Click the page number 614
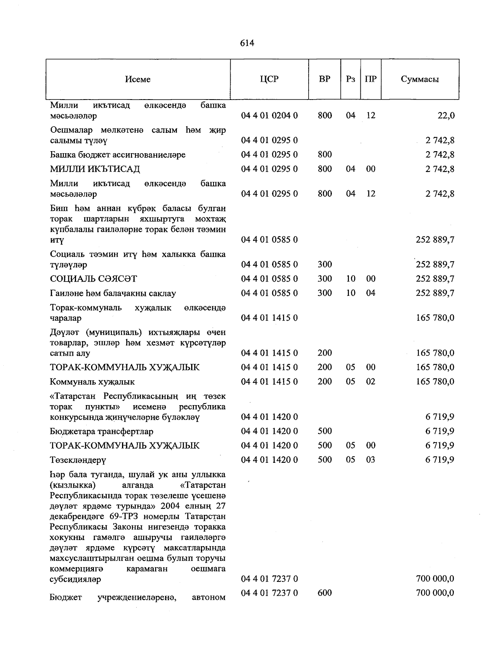pyautogui.click(x=247, y=43)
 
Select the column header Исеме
pyautogui.click(x=138, y=79)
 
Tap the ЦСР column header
pyautogui.click(x=269, y=79)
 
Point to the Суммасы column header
pyautogui.click(x=420, y=79)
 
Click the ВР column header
pyautogui.click(x=325, y=79)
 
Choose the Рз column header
pyautogui.click(x=351, y=79)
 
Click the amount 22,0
pyautogui.click(x=446, y=116)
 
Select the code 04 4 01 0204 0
pyautogui.click(x=269, y=116)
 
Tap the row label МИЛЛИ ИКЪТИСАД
pyautogui.click(x=95, y=169)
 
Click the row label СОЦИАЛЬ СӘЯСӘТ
pyautogui.click(x=93, y=279)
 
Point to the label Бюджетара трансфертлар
pyautogui.click(x=101, y=432)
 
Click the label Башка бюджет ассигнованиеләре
pyautogui.click(x=118, y=155)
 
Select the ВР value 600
pyautogui.click(x=325, y=593)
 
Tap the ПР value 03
pyautogui.click(x=370, y=460)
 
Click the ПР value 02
pyautogui.click(x=370, y=382)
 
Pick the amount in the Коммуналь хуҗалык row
pyautogui.click(x=435, y=382)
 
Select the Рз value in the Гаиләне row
pyautogui.click(x=351, y=293)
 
